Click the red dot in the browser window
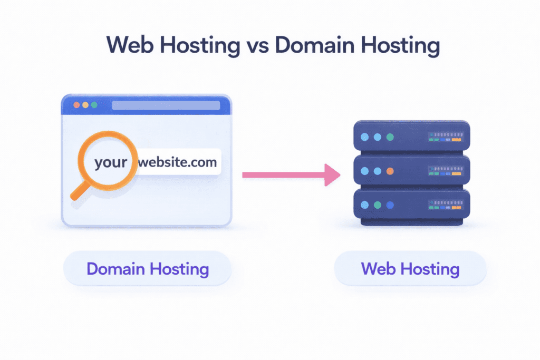(x=76, y=105)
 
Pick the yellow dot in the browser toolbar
(x=85, y=105)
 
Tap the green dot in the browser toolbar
(x=94, y=105)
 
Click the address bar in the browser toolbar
(x=166, y=105)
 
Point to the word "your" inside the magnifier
(x=111, y=162)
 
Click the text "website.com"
(x=177, y=162)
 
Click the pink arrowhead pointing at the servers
(x=332, y=174)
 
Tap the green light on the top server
(x=390, y=137)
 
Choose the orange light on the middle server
(x=390, y=171)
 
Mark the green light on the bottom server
(x=377, y=205)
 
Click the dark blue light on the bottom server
(x=390, y=205)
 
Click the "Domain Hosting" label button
(x=148, y=269)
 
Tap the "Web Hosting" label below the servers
(x=410, y=269)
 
